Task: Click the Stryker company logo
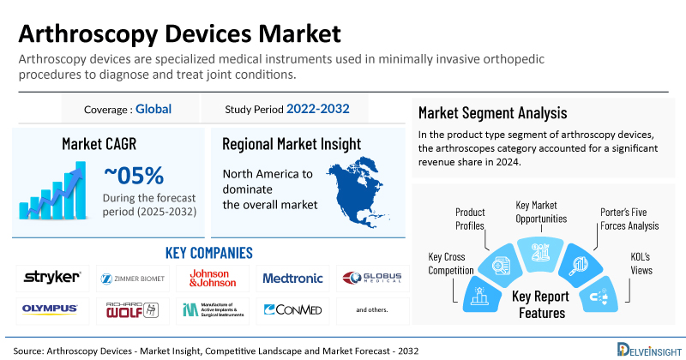52,277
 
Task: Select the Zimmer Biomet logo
132,278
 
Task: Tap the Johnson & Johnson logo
211,277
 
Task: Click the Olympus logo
52,309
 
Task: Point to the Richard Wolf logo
132,309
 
